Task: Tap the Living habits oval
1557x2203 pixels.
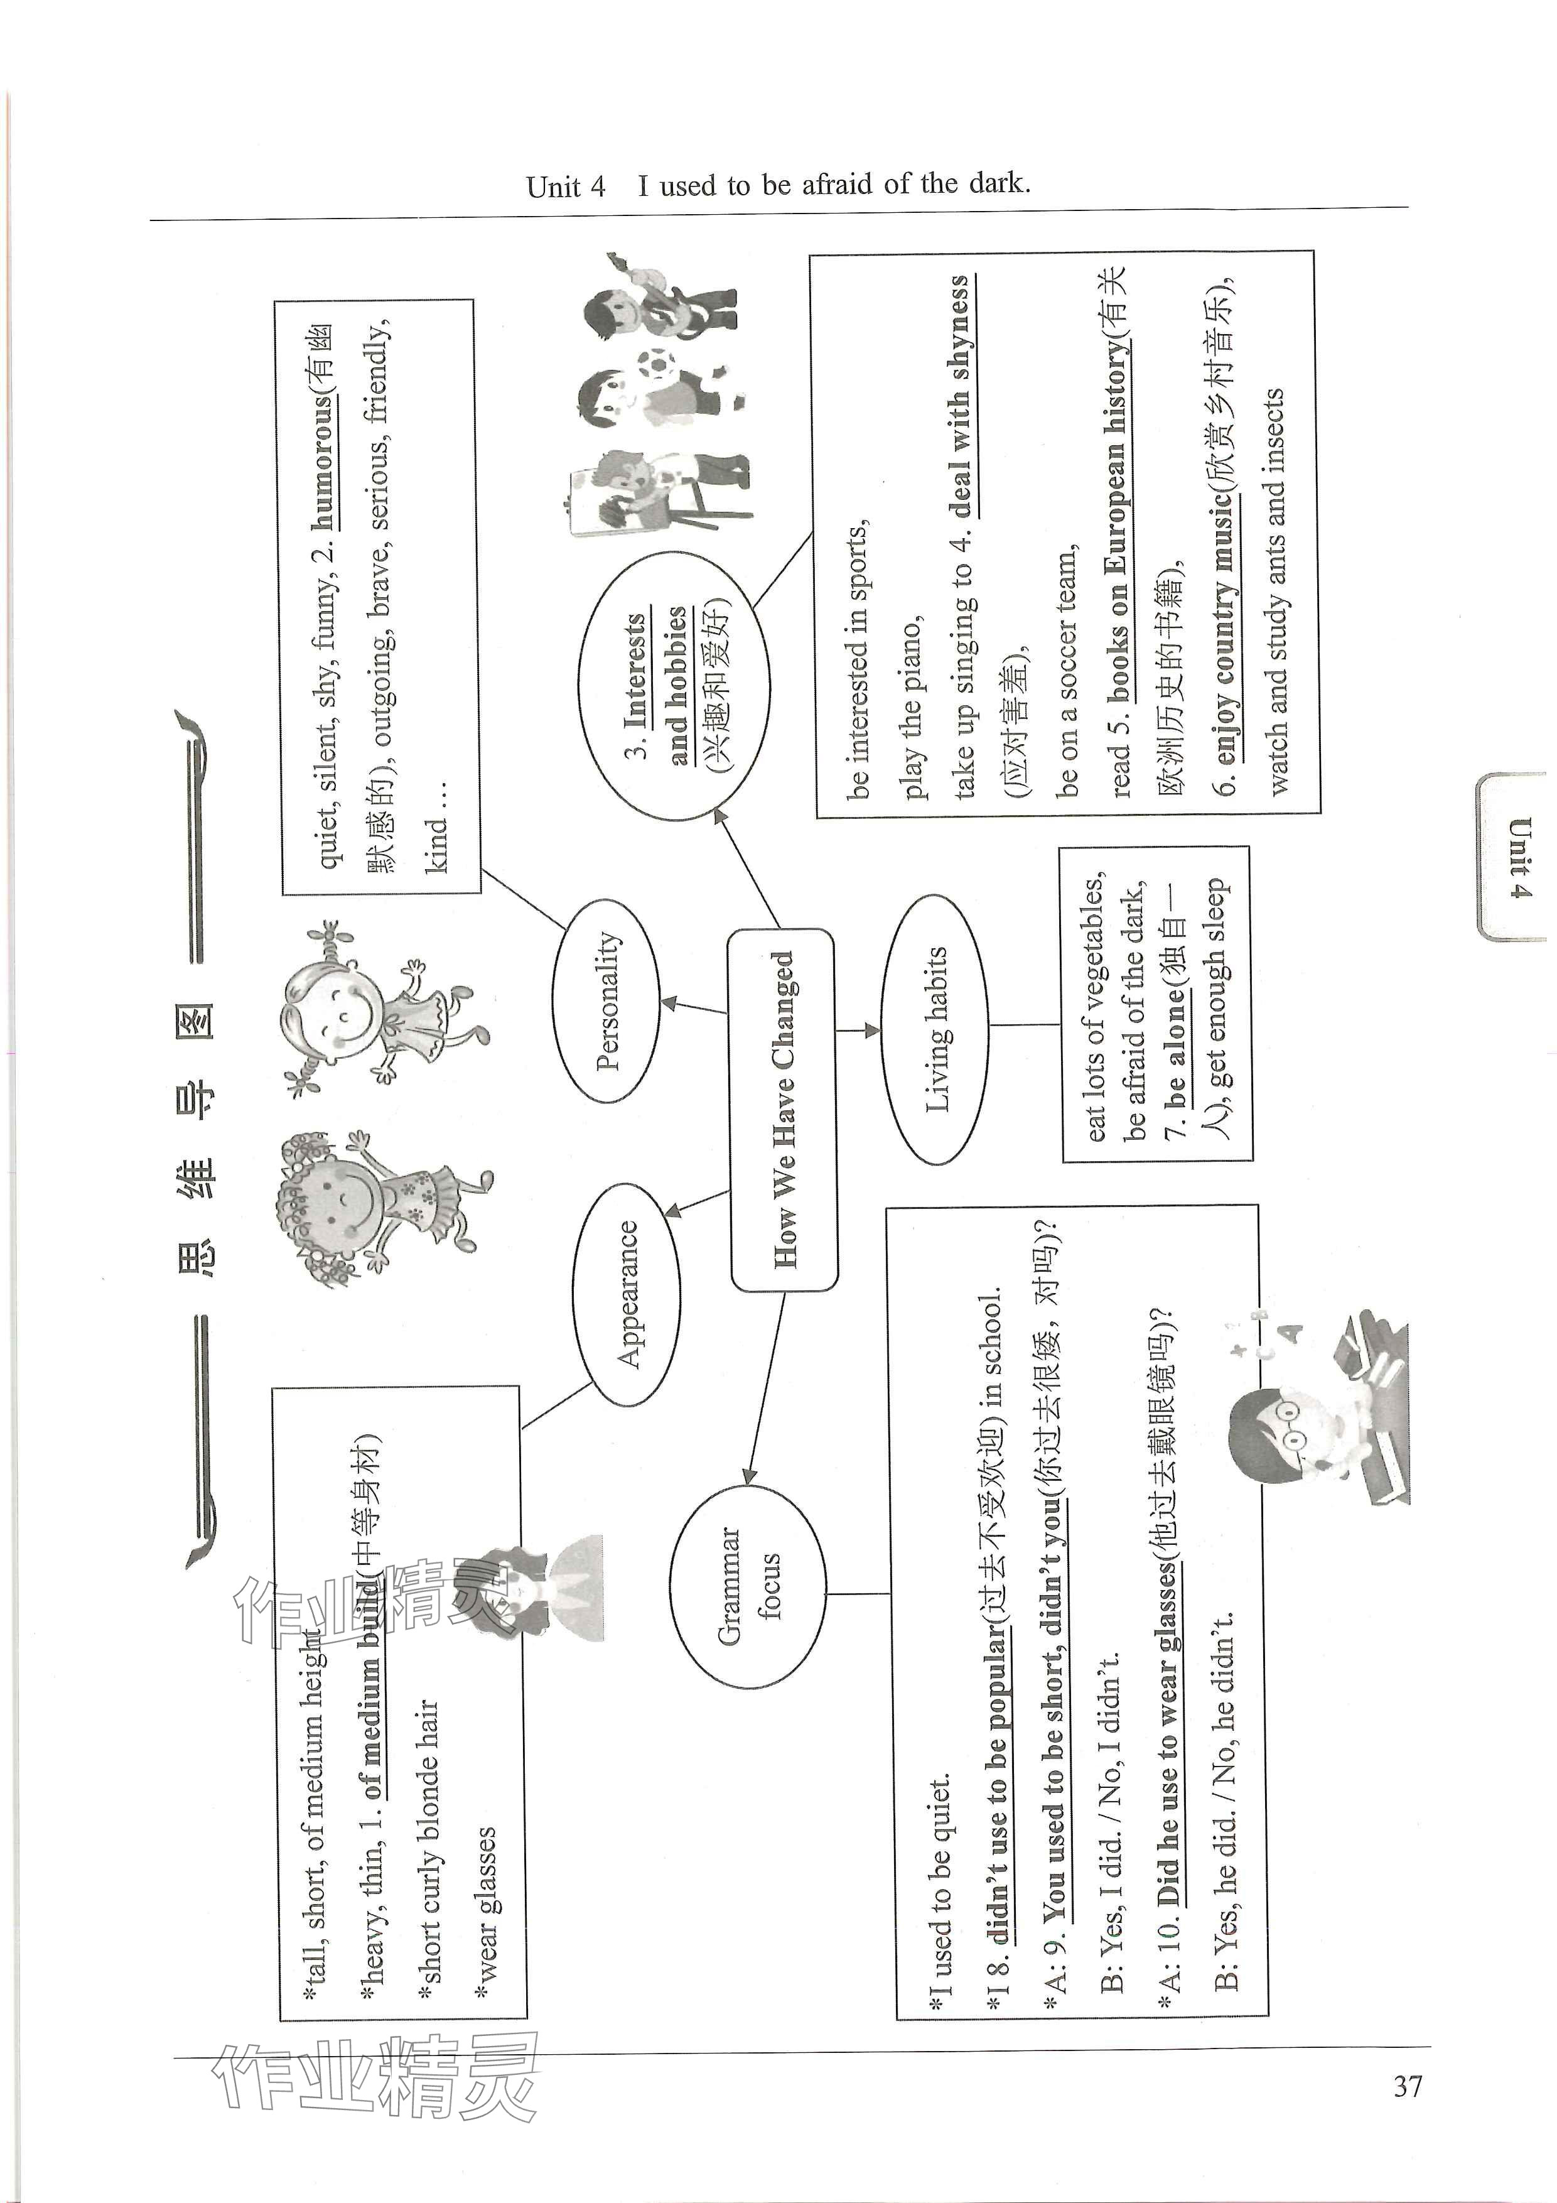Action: (934, 1029)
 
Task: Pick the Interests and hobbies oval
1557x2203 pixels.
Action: (674, 685)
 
